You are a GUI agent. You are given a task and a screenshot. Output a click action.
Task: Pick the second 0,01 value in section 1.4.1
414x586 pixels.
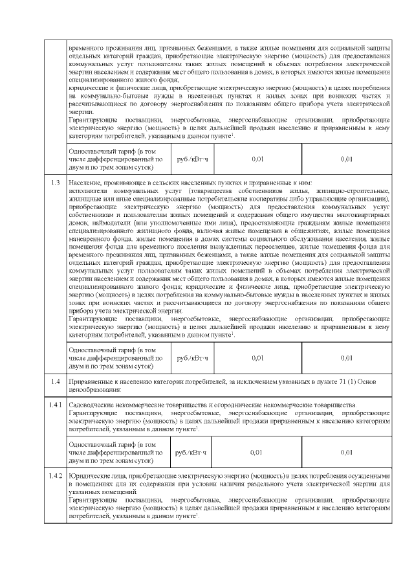[x=346, y=452]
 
